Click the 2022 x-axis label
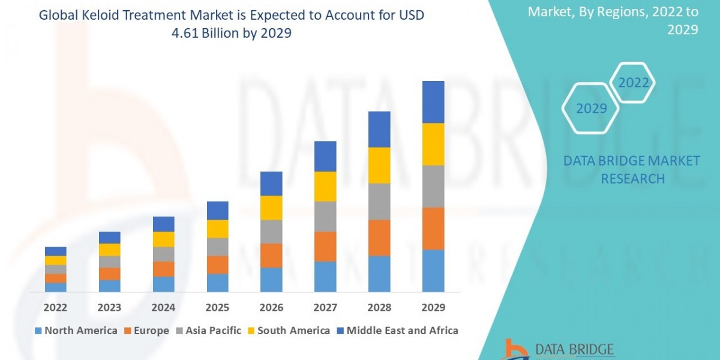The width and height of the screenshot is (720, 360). tap(55, 308)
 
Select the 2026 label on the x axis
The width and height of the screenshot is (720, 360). tap(271, 308)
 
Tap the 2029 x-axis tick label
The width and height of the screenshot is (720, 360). tap(433, 308)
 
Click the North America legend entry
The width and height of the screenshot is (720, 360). tap(76, 331)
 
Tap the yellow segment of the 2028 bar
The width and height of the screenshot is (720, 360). tap(379, 165)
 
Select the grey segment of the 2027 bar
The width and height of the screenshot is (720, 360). tap(325, 217)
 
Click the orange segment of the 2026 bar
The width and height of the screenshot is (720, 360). tap(271, 256)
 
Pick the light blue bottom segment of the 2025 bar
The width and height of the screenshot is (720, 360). tap(217, 283)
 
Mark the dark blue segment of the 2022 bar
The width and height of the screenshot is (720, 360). tap(55, 251)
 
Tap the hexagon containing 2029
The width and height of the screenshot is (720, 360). tap(590, 109)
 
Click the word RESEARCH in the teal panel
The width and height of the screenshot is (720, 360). tap(632, 179)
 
